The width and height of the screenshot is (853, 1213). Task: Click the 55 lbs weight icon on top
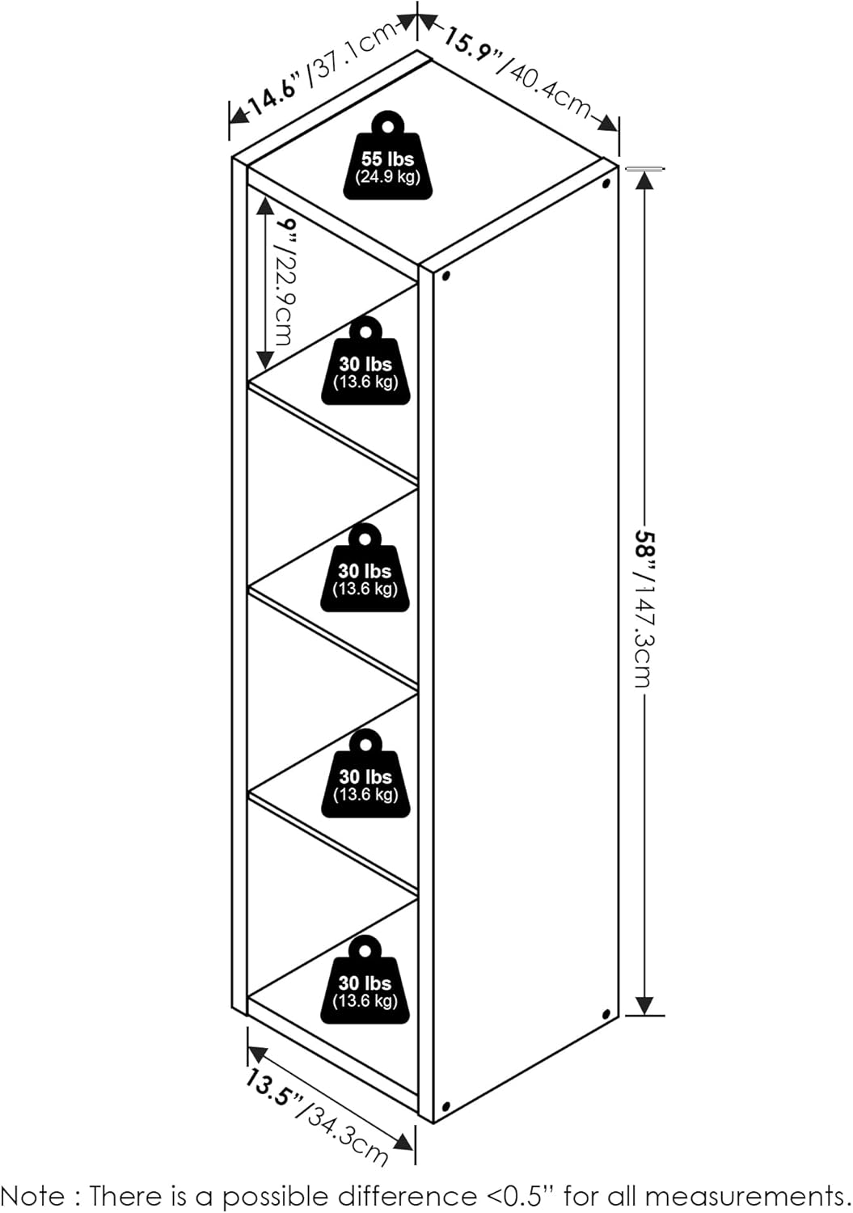[388, 155]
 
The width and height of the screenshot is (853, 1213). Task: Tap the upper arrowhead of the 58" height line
[644, 182]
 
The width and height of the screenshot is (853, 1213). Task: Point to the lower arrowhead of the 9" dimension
[265, 359]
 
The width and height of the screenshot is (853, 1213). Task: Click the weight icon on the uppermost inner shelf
[366, 360]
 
